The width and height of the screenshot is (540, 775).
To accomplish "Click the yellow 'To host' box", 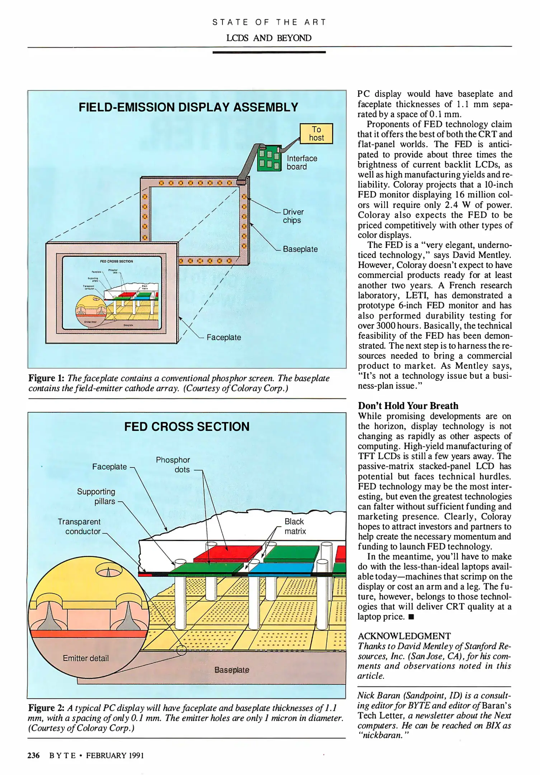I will click(316, 133).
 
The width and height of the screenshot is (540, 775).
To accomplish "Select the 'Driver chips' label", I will click(293, 216).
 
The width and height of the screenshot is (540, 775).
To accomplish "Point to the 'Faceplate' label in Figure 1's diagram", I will click(224, 338).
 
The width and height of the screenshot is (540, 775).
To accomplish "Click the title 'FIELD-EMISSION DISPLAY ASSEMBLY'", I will click(188, 107).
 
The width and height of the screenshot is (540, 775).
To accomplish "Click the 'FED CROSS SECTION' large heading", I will click(187, 427).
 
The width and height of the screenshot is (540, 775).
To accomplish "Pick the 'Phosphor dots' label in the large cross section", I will click(173, 465).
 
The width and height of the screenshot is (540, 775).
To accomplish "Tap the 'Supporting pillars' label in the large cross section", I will click(96, 496).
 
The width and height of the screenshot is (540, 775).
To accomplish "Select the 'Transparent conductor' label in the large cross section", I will click(79, 526).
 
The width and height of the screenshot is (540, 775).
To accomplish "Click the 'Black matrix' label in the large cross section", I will click(295, 526).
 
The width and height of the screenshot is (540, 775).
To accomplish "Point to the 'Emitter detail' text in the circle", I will click(86, 658).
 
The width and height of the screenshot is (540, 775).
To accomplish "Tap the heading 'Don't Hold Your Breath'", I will click(408, 406).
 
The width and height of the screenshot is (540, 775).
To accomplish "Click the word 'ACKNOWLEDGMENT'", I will click(404, 636).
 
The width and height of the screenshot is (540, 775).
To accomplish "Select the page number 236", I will click(33, 756).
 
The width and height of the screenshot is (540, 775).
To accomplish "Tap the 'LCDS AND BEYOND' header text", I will click(269, 38).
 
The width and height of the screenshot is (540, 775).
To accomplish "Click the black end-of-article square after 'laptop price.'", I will click(411, 617).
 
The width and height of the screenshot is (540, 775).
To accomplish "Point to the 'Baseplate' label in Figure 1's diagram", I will click(300, 249).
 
